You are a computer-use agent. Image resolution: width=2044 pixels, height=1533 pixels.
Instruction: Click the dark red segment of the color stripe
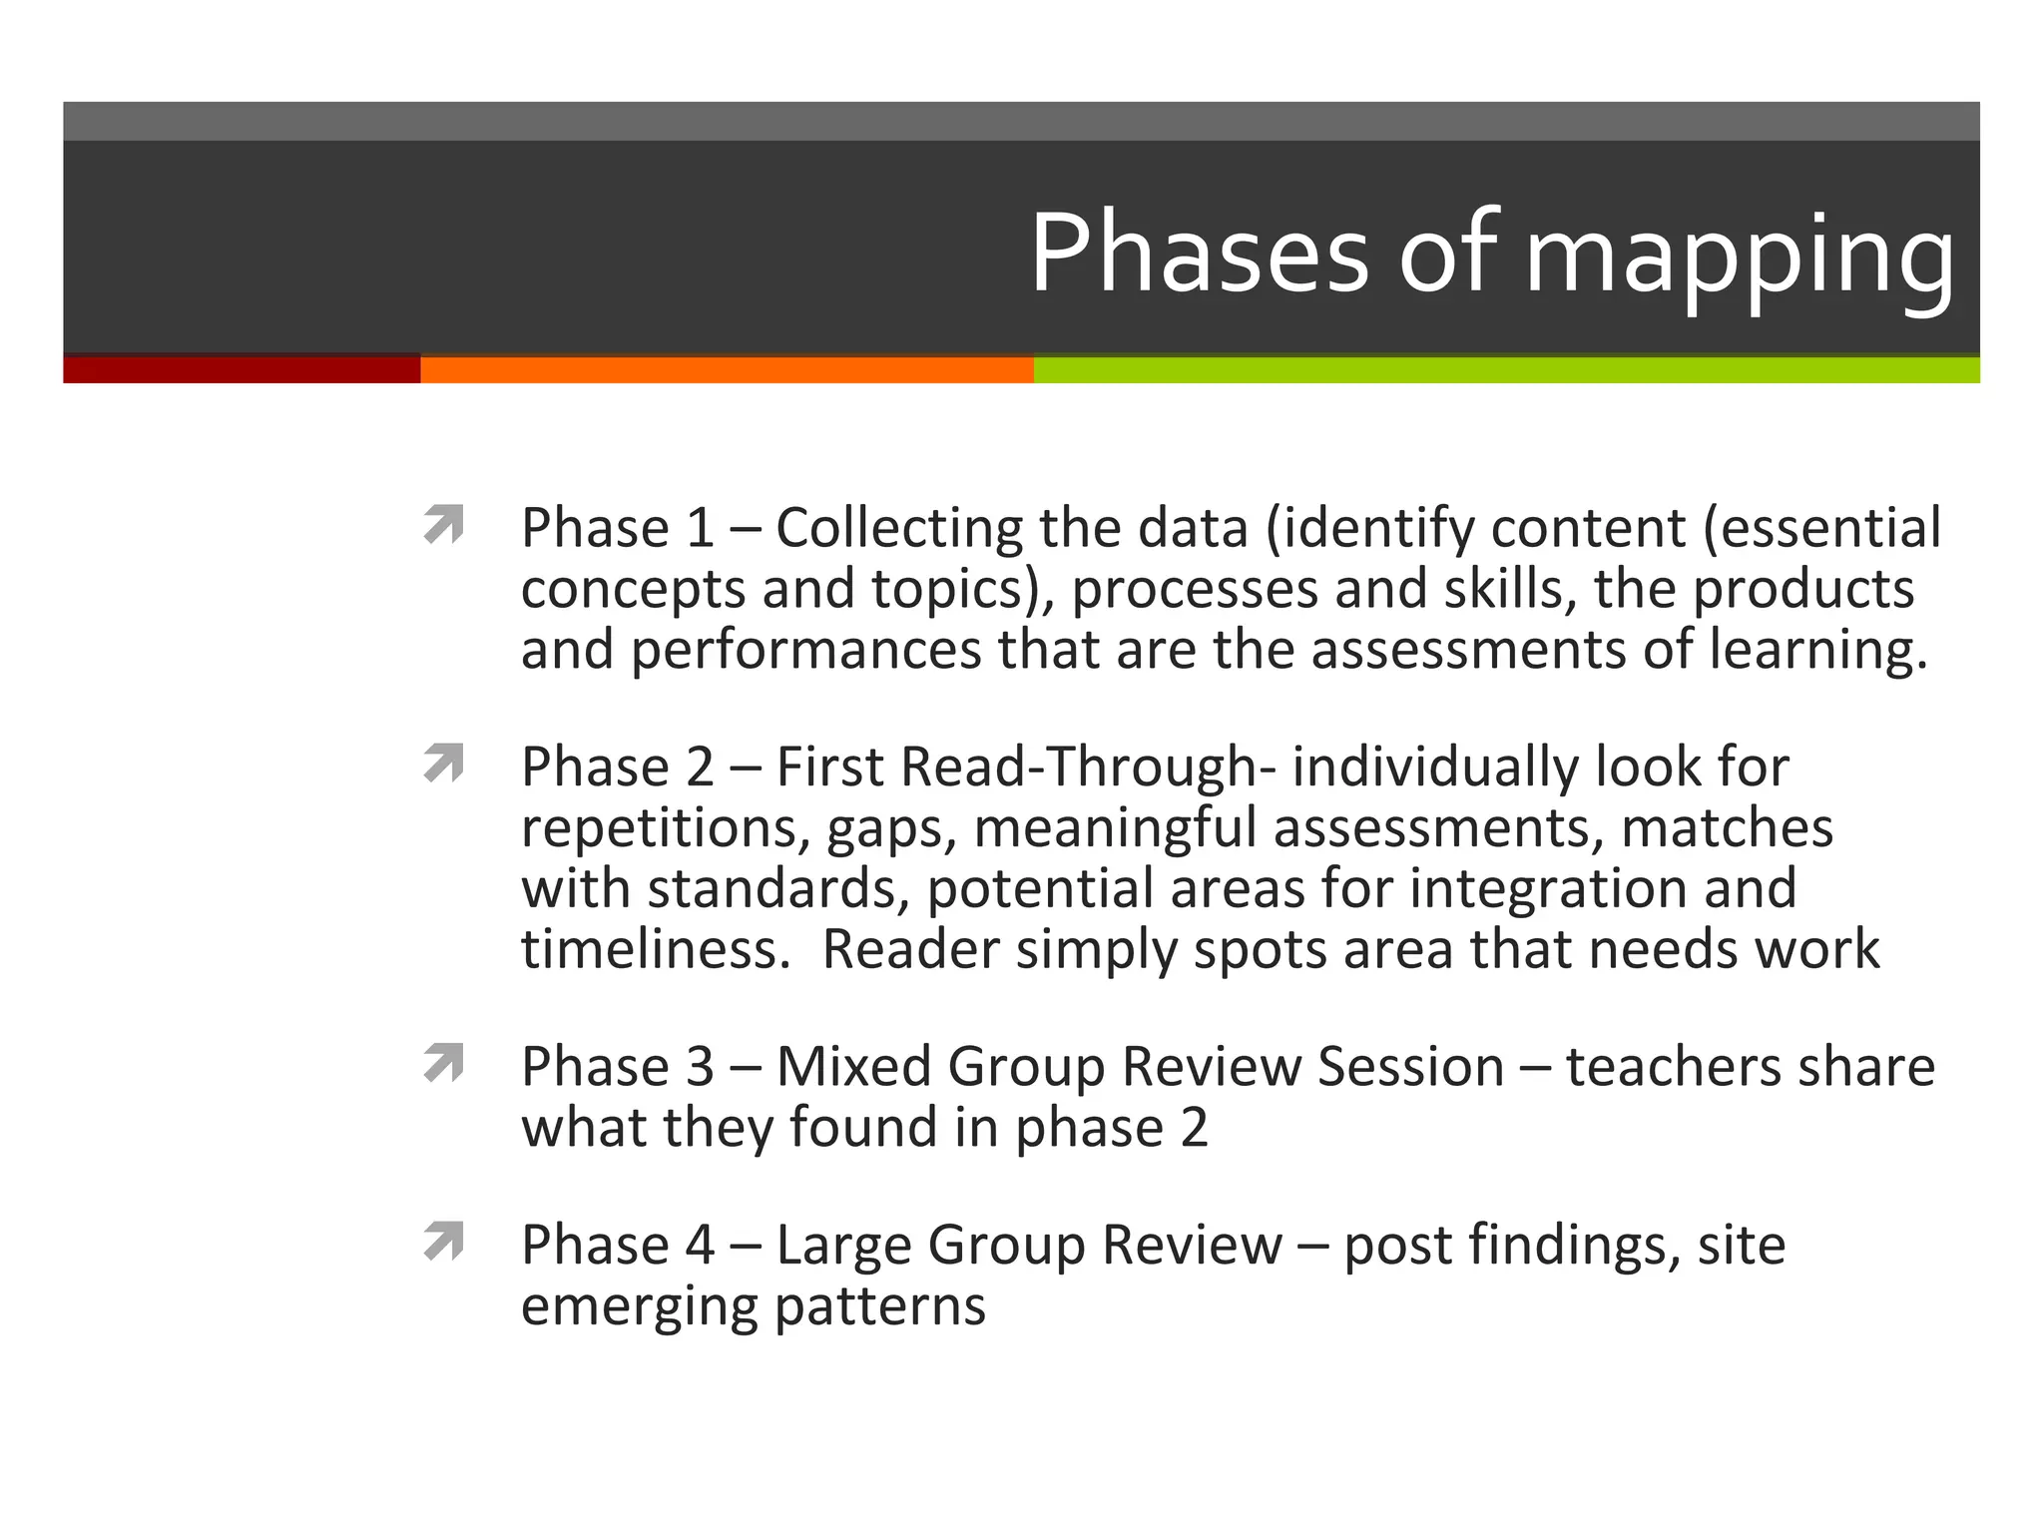pyautogui.click(x=242, y=370)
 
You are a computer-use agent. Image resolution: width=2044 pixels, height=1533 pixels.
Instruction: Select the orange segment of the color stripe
pyautogui.click(x=727, y=370)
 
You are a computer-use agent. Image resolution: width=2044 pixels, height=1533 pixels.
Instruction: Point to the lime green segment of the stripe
pyautogui.click(x=1506, y=370)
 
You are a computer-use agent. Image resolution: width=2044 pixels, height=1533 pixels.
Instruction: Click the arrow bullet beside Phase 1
pyautogui.click(x=444, y=525)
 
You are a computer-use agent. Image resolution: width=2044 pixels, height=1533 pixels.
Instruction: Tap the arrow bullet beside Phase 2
pyautogui.click(x=444, y=764)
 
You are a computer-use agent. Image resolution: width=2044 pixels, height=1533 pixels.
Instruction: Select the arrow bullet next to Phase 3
pyautogui.click(x=444, y=1063)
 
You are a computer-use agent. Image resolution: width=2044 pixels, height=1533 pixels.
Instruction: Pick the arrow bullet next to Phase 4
pyautogui.click(x=444, y=1242)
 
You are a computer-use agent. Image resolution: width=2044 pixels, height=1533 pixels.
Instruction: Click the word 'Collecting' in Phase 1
pyautogui.click(x=899, y=528)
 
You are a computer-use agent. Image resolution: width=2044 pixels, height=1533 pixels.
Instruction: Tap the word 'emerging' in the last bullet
pyautogui.click(x=639, y=1306)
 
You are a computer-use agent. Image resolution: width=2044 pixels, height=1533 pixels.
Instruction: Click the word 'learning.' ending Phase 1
pyautogui.click(x=1817, y=651)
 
